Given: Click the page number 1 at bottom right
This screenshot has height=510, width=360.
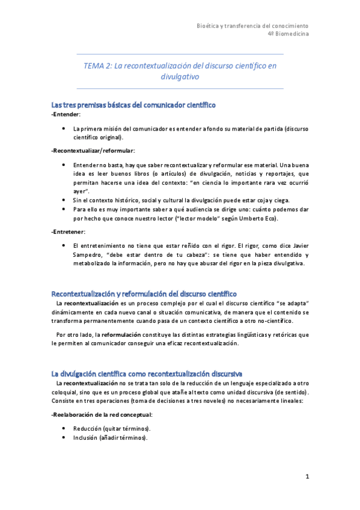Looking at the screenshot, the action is [307, 477].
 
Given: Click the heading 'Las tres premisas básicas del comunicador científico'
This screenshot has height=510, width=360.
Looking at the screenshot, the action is [133, 105].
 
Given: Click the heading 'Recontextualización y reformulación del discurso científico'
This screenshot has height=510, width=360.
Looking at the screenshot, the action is [144, 293].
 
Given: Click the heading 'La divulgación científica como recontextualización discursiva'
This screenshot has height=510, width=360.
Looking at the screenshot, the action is [147, 373].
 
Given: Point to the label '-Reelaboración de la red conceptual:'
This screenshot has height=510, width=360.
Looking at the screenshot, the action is [102, 414].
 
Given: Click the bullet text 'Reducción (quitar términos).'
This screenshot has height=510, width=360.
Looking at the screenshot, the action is [111, 428].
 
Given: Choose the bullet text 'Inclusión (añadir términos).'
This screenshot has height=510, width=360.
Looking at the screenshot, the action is [110, 438].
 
